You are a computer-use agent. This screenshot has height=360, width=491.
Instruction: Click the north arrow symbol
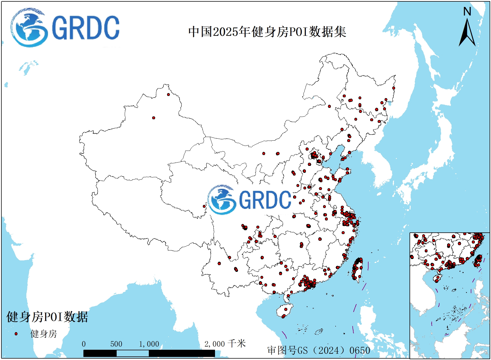coord(467,33)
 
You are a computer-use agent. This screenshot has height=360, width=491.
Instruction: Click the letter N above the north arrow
coord(467,12)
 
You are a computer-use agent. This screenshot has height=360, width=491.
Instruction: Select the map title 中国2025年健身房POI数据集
coord(267,32)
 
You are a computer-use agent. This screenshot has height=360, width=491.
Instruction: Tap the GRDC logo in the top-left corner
coord(65,28)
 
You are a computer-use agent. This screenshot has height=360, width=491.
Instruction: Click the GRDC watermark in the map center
coord(249,200)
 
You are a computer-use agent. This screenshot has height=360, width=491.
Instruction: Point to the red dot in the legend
coord(16,334)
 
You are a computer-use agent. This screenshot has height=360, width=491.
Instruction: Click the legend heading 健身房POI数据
coord(47,317)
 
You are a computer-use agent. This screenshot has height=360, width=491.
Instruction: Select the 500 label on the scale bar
coord(116,344)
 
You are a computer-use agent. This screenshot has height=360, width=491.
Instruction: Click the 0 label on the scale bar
coord(84,344)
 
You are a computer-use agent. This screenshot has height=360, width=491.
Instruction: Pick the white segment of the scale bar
coord(132,353)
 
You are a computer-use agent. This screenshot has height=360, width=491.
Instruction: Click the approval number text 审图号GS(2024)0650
coord(319,350)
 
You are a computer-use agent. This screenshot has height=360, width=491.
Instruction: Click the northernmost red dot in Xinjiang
coord(168,95)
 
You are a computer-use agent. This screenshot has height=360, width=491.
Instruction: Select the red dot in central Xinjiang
coord(154,118)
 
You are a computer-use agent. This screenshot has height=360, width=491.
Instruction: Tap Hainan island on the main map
coord(285,311)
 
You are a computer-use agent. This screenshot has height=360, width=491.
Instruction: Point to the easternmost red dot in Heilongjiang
coord(393,88)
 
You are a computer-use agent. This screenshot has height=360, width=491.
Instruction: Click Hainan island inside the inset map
coord(438,278)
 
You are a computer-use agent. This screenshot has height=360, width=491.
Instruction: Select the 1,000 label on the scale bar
coord(149,344)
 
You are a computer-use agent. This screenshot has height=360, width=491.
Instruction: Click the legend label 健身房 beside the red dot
coord(44,334)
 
